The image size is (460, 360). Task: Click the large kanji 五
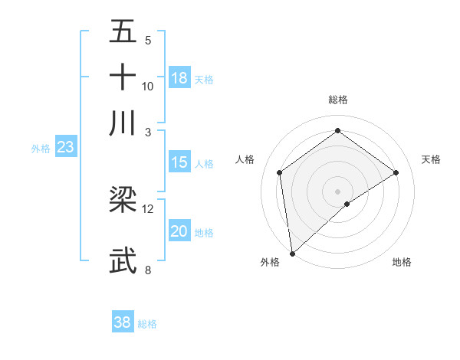[123, 33]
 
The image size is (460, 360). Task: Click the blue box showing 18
[179, 78]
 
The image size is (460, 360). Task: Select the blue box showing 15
[179, 162]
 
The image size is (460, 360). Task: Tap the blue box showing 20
[179, 232]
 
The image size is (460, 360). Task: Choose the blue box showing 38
[123, 322]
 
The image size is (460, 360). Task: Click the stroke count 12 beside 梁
[148, 208]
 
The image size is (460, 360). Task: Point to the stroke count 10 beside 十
[148, 86]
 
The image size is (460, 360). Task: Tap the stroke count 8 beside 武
[148, 270]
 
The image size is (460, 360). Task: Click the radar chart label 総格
[338, 100]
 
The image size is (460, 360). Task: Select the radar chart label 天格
[432, 159]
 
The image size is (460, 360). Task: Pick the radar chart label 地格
[402, 263]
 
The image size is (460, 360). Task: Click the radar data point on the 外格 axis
[292, 254]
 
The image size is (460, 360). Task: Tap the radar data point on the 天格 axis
[396, 172]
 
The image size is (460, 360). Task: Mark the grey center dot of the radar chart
[338, 191]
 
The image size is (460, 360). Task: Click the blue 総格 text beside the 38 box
[147, 324]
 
